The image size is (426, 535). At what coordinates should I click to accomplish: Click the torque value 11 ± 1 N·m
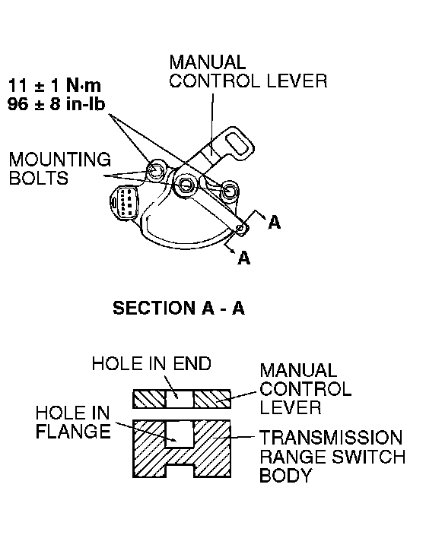coord(54,85)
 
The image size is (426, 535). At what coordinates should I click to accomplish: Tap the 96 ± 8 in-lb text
coord(56,103)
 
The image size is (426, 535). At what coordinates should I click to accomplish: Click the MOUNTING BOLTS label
coord(60,169)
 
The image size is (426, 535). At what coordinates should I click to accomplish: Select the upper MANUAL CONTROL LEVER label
coord(248,71)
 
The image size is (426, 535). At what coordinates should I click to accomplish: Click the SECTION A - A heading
coord(179,308)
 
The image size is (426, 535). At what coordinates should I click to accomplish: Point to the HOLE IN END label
coord(151,364)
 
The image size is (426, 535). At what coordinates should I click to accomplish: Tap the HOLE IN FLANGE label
coord(73,423)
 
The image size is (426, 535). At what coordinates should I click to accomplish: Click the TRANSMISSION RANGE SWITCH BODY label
coord(332,457)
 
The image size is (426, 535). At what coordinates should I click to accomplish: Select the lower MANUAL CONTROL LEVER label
coord(305,389)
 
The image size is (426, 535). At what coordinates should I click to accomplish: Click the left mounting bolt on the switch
coord(155,170)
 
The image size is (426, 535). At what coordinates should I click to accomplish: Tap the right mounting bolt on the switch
coord(229,190)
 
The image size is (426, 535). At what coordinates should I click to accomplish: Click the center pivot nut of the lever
coord(186,184)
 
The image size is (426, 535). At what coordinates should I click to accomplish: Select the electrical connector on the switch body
coord(124,202)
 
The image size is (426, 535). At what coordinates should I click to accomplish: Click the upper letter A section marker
coord(275,223)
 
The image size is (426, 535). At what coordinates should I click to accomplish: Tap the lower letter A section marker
coord(244,258)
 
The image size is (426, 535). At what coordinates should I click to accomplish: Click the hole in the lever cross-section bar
coord(180,399)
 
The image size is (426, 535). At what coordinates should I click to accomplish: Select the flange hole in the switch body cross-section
coord(180,434)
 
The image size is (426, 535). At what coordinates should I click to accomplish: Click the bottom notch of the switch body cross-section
coord(180,471)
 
